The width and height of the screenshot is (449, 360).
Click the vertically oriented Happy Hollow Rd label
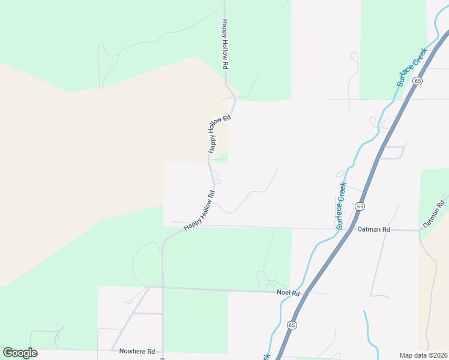coord(225,44)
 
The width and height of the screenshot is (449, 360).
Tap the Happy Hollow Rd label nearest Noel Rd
coord(200,211)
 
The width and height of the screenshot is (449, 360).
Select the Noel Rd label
coord(288,292)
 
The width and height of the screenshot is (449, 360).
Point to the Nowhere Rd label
coord(137,352)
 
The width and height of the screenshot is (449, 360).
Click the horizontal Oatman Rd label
coord(373,230)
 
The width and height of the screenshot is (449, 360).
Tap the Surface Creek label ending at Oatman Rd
coord(341,205)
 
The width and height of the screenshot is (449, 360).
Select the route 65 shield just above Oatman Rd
coord(360,206)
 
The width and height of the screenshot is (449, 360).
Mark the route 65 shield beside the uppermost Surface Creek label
coord(418,80)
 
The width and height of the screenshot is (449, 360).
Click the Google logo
coord(20,353)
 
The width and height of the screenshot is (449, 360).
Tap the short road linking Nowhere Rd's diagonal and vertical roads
coord(148,313)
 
